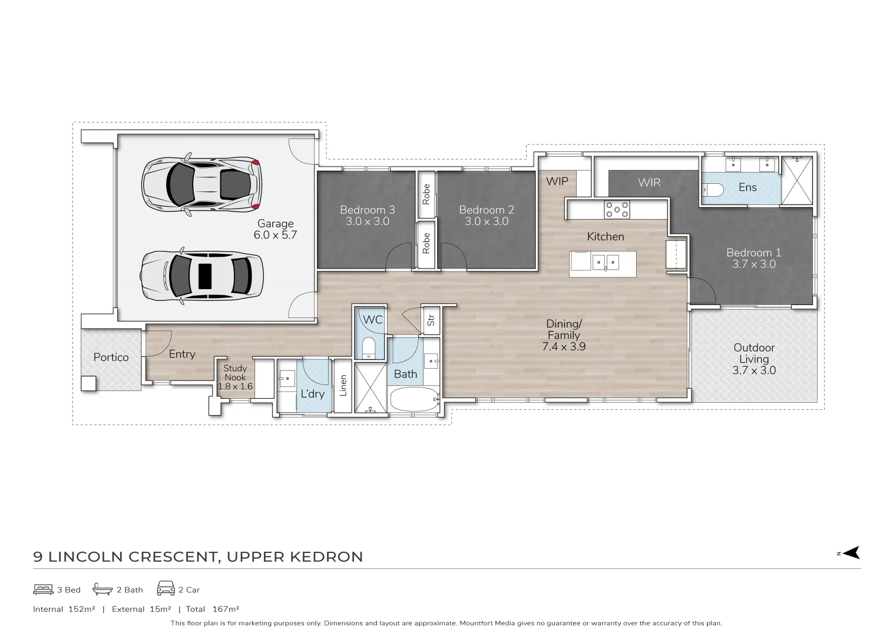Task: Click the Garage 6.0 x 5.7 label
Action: [x=276, y=229]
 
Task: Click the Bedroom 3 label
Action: [x=367, y=216]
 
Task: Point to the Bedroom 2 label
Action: [x=486, y=216]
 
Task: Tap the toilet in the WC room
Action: [x=368, y=347]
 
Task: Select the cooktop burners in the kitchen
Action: [x=617, y=209]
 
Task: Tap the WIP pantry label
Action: [x=557, y=181]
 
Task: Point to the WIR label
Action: [x=649, y=183]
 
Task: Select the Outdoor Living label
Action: [x=754, y=359]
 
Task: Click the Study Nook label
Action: [x=235, y=377]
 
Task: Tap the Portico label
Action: [x=111, y=357]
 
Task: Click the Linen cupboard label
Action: [x=343, y=386]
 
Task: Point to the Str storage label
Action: [x=431, y=320]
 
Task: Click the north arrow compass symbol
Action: [x=851, y=552]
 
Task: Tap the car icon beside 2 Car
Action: [x=166, y=588]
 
